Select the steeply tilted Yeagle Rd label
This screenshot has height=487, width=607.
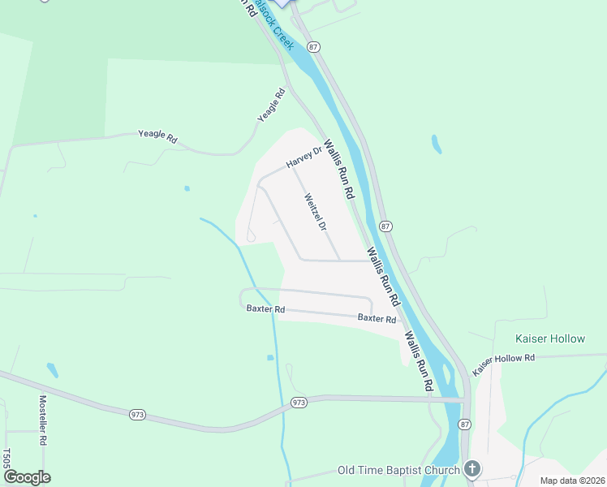272,106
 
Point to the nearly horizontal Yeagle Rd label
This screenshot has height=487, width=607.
157,136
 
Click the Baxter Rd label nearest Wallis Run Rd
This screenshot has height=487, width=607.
377,318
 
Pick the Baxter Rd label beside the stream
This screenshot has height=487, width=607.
266,309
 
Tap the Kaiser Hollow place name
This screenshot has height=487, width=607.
549,338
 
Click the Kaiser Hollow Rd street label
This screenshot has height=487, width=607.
505,358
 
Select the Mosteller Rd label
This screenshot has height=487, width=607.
43,419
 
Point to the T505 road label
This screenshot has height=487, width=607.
6,459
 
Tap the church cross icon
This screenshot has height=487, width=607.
472,469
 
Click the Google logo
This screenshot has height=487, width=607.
27,477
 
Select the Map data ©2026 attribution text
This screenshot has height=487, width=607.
572,481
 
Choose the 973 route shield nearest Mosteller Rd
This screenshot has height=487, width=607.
136,415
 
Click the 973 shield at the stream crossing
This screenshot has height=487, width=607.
299,403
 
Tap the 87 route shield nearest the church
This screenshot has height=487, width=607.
464,425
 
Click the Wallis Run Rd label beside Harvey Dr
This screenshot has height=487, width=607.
340,170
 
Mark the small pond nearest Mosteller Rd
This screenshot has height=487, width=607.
53,370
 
